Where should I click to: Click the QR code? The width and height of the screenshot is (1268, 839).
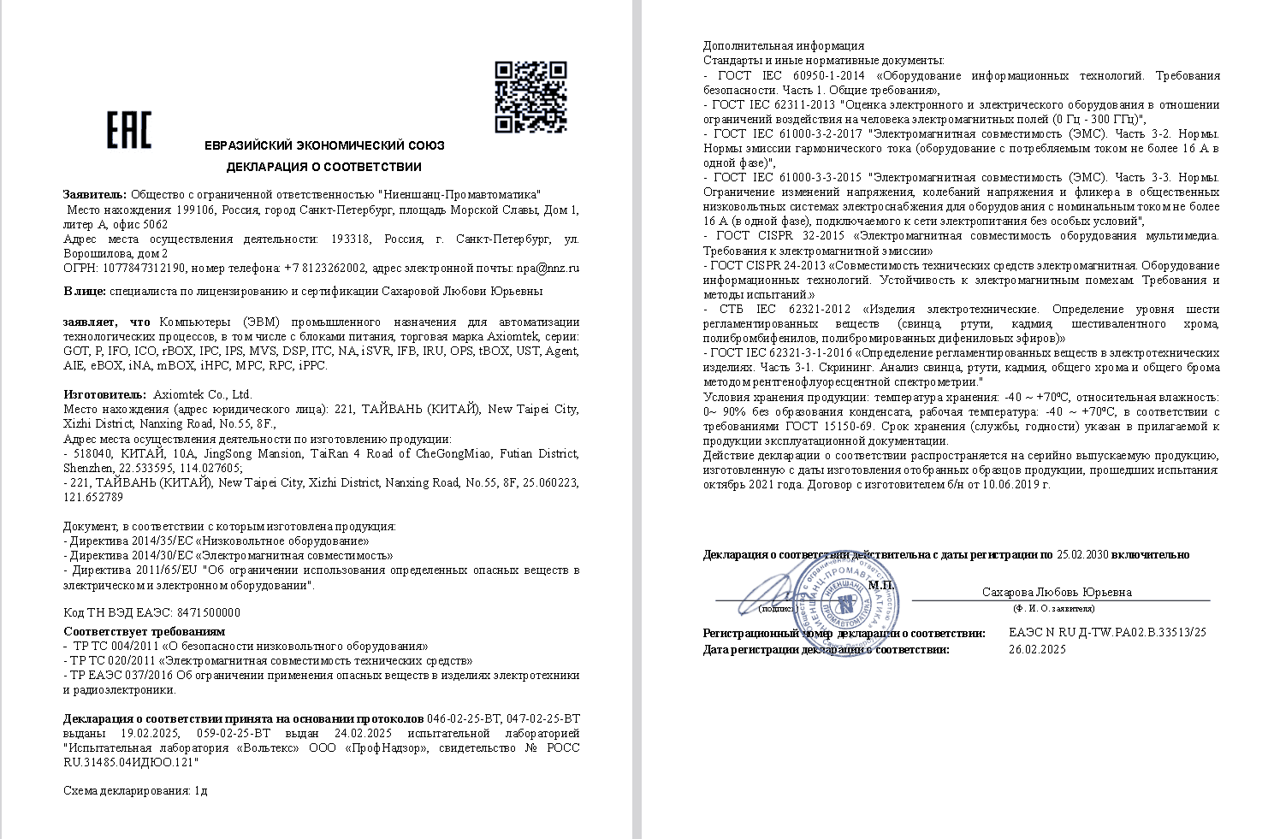pos(530,97)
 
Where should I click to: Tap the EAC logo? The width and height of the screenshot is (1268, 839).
pos(128,130)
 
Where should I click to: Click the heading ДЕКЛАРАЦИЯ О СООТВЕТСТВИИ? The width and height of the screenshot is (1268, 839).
pos(323,167)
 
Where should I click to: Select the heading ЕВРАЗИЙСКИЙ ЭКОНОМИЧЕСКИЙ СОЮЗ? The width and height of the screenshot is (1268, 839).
pos(324,145)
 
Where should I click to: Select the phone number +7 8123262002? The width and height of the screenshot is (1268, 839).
pos(325,268)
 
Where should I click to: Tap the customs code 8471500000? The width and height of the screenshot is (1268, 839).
pos(208,612)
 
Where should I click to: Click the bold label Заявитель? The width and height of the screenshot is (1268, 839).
pos(95,195)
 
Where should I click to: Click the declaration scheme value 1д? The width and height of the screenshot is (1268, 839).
pos(201,790)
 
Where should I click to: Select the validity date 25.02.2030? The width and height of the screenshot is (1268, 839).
pos(1082,554)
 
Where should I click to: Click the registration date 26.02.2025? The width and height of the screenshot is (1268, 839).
pos(1037,649)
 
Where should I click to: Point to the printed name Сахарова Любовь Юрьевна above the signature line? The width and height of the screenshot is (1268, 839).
pos(1057,592)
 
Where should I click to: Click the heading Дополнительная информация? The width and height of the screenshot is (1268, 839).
pos(783,45)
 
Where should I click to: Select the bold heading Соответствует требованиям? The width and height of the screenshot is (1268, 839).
pos(144,631)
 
